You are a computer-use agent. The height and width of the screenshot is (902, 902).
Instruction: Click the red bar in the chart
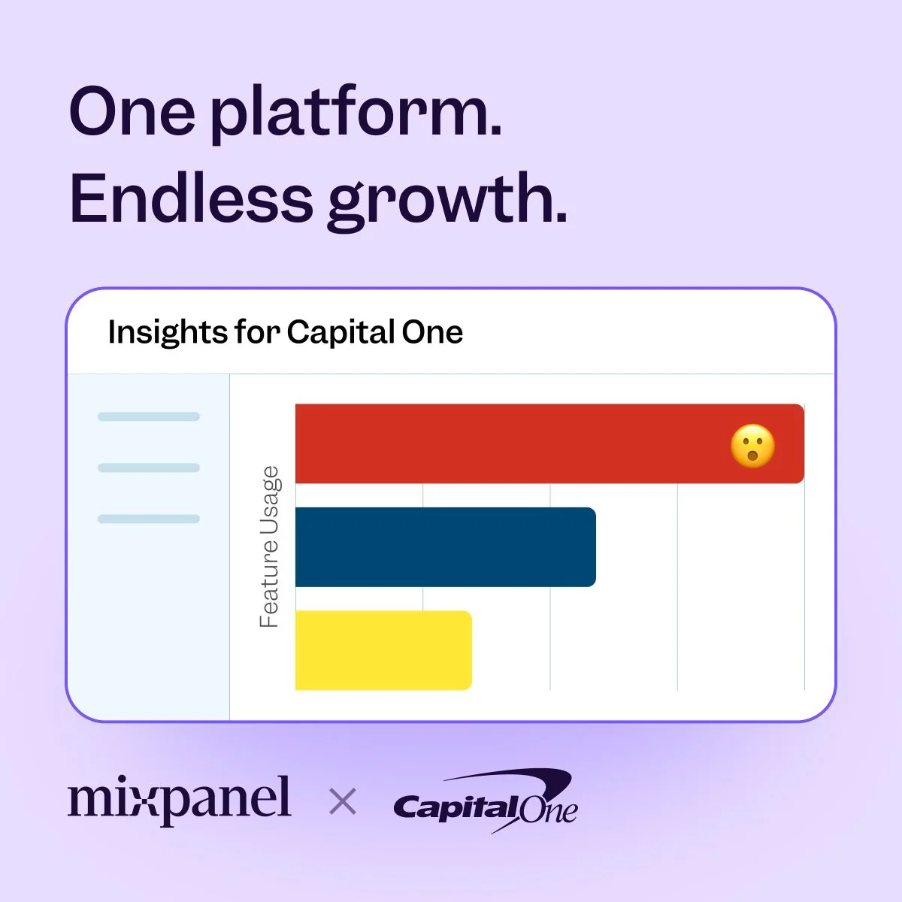549,443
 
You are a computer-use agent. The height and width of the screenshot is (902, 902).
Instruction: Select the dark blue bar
446,546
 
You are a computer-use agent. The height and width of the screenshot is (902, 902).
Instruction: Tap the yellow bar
383,650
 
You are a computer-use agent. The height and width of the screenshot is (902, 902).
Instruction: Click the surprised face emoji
752,446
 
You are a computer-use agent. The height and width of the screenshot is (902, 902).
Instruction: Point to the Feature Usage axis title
270,546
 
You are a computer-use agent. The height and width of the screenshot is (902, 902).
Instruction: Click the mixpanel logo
180,801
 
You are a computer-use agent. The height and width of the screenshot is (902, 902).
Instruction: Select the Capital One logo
486,801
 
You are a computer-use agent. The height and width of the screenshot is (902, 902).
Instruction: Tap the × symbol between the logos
343,801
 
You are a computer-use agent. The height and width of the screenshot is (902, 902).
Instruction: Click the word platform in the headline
356,114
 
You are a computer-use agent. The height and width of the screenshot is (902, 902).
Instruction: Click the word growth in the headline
448,202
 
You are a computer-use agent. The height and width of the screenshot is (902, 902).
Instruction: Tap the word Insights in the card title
168,333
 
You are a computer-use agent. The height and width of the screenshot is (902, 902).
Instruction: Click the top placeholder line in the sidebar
149,416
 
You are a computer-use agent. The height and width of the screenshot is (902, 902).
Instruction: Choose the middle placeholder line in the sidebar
149,468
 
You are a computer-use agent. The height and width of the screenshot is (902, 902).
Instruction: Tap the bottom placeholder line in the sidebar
149,519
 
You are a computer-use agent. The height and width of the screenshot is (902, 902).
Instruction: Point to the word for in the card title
257,332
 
